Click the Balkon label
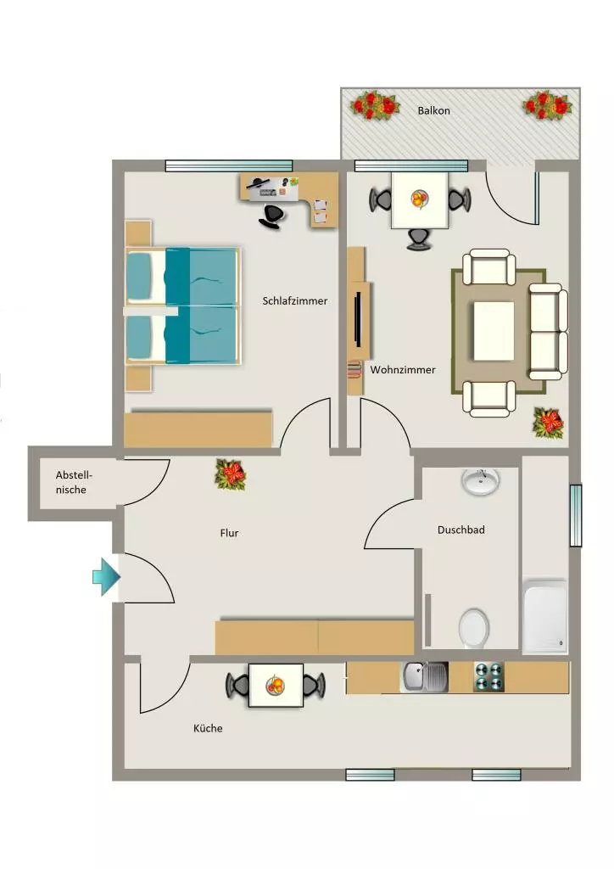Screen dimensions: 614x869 click(433, 110)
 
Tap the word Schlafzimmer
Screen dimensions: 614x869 click(294, 301)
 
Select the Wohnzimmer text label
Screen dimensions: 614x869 click(403, 370)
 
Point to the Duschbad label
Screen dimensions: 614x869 click(460, 530)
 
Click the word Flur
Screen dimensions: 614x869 click(229, 533)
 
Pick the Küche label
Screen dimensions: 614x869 click(208, 728)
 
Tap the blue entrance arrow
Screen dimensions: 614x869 click(106, 577)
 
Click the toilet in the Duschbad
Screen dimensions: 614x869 click(474, 628)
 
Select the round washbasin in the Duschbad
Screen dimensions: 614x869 click(481, 482)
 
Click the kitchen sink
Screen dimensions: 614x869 click(425, 677)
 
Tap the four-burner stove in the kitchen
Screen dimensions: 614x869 click(488, 676)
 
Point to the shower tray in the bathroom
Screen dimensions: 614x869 click(545, 616)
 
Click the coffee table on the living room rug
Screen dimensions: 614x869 click(494, 330)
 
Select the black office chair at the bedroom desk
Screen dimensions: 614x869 click(272, 216)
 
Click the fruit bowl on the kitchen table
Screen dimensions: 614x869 click(275, 686)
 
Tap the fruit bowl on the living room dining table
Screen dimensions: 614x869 click(420, 199)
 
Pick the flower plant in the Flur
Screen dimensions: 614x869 click(231, 474)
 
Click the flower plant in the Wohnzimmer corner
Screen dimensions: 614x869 click(548, 423)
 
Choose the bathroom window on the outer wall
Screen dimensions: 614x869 click(576, 515)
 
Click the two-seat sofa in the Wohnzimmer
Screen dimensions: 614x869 click(548, 332)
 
